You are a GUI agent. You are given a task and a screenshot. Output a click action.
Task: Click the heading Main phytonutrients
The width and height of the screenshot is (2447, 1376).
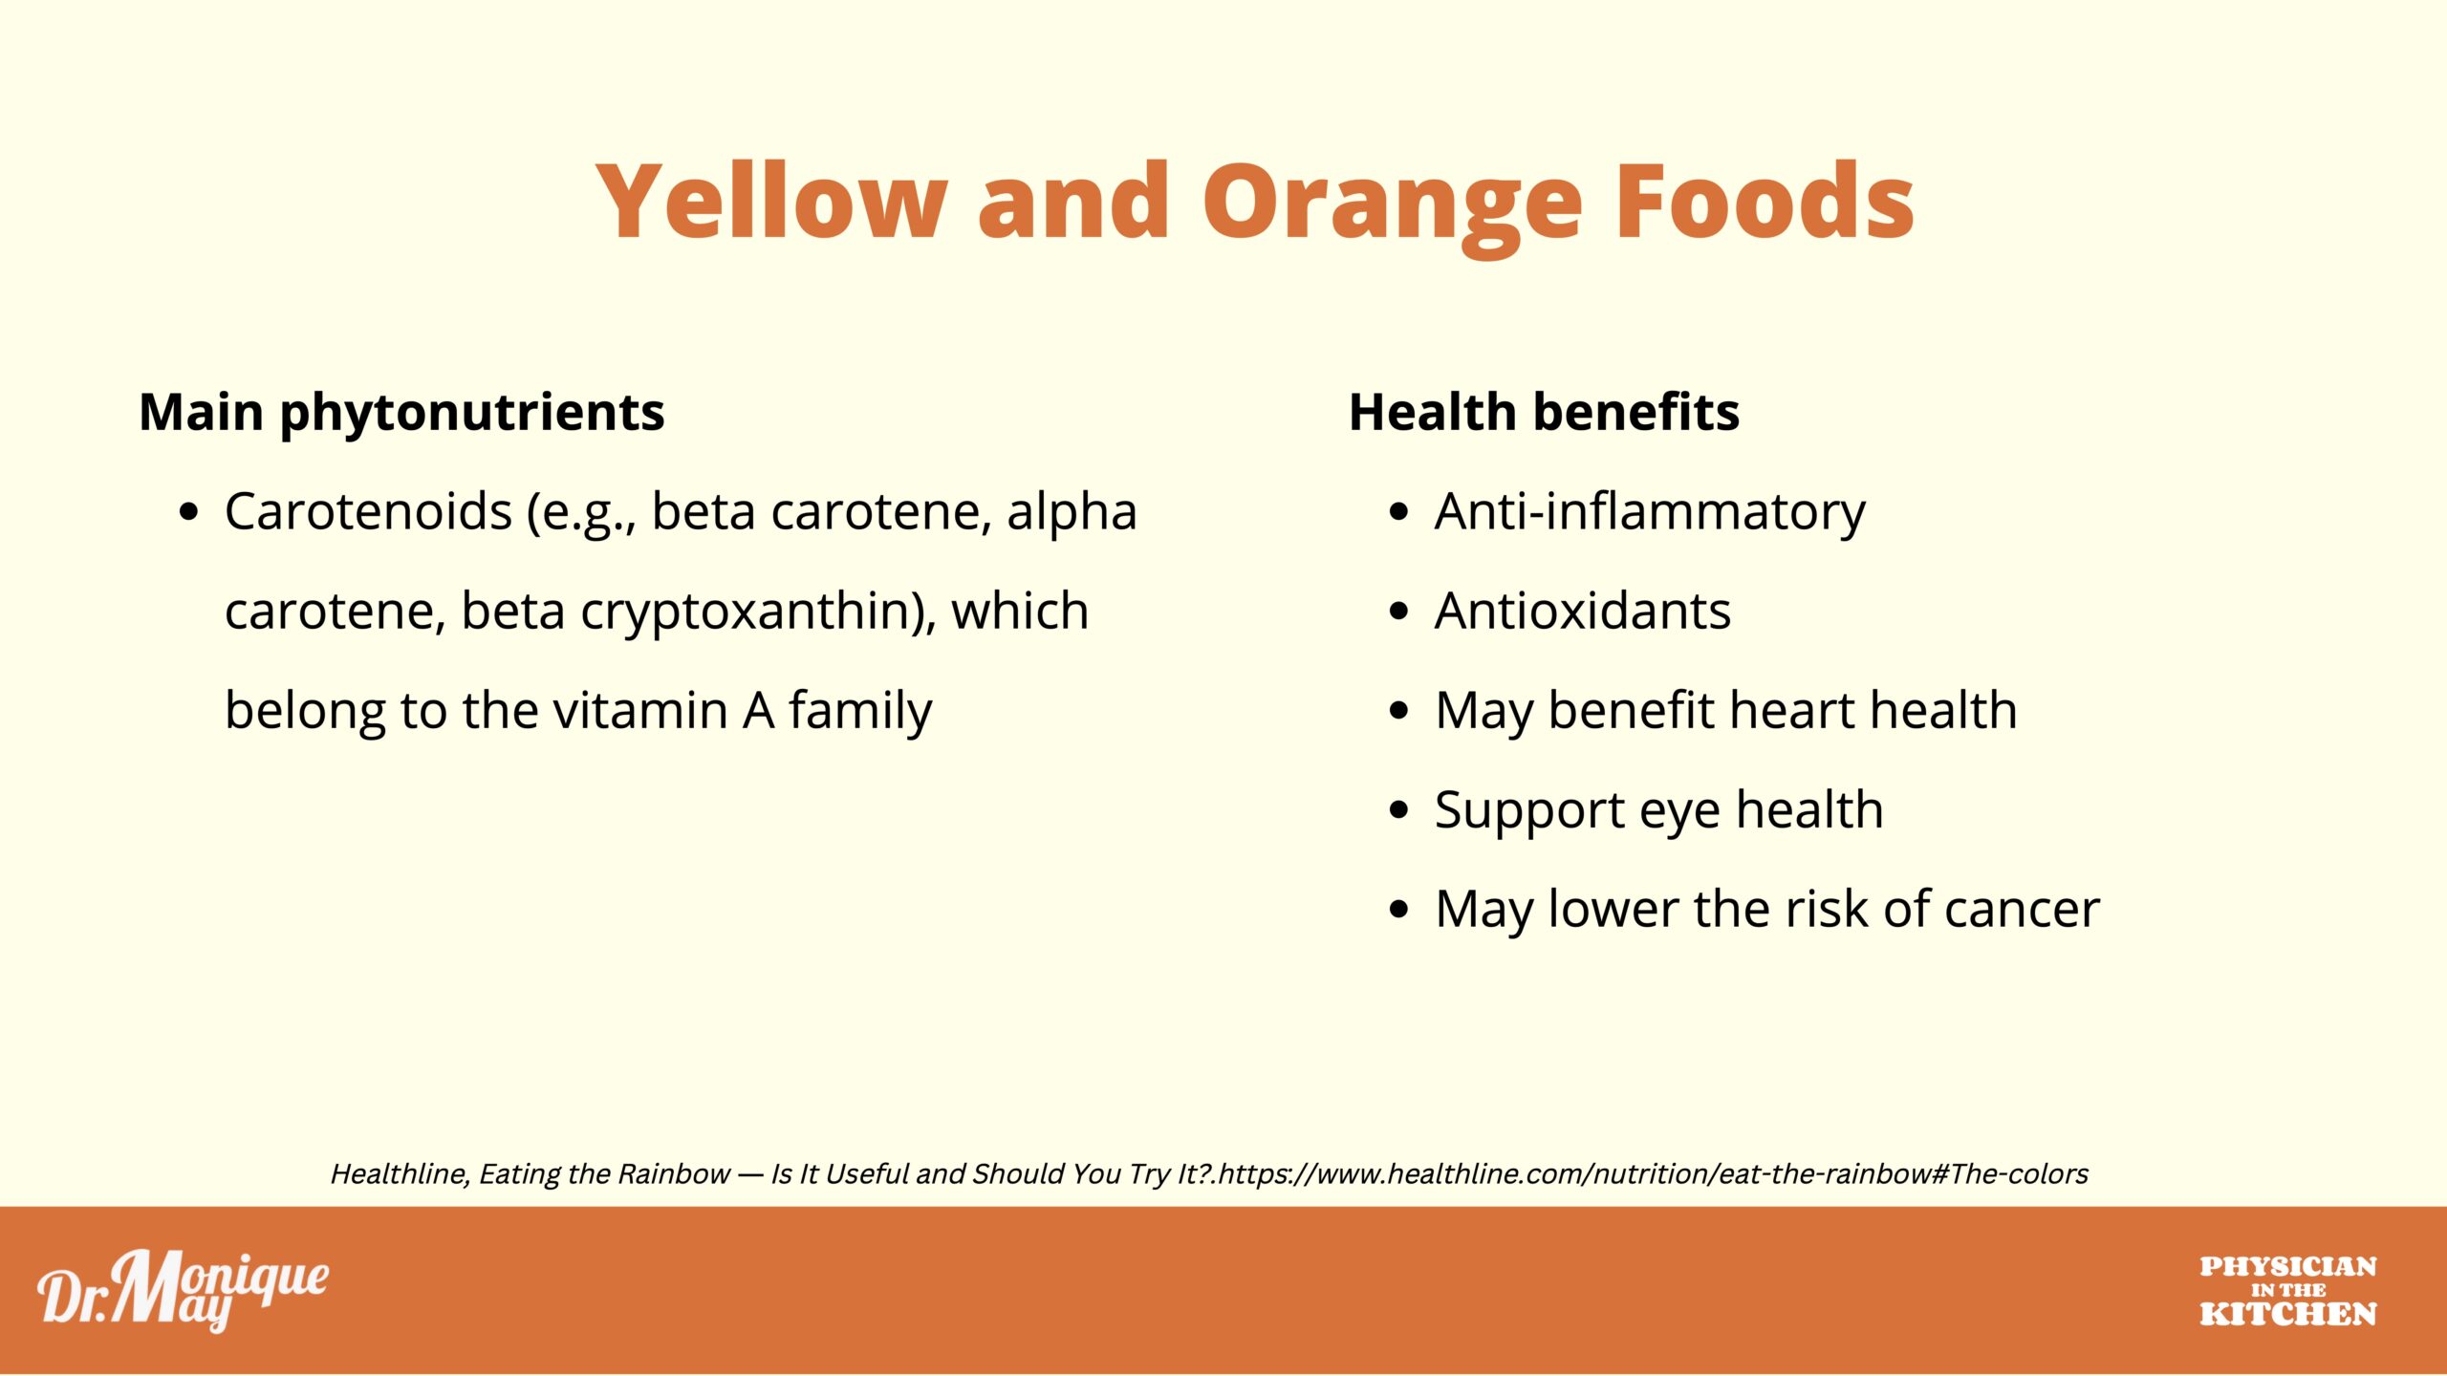pos(401,414)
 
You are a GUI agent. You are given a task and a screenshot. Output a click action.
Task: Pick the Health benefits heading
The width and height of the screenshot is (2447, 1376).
pos(1544,412)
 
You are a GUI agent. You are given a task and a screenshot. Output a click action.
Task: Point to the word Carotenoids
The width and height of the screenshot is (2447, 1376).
pos(369,511)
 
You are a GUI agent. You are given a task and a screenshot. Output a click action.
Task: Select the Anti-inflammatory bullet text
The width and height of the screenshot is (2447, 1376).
pos(1650,513)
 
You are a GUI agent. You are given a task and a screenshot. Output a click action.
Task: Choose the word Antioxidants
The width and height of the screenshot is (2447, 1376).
pos(1583,611)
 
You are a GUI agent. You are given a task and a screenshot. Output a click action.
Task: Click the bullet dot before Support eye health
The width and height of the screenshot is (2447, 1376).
pos(1399,810)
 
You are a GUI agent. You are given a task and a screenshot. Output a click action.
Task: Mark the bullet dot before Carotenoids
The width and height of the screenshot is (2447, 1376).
pos(189,512)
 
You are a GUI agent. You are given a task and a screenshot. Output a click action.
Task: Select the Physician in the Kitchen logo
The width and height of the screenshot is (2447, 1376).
pos(2287,1291)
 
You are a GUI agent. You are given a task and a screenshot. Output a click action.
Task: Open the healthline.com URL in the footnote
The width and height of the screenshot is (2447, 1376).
pos(1654,1173)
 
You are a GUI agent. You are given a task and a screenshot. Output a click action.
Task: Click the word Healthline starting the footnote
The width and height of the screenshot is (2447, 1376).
pos(401,1173)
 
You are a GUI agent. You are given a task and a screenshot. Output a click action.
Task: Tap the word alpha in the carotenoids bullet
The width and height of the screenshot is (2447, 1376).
pos(1072,513)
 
